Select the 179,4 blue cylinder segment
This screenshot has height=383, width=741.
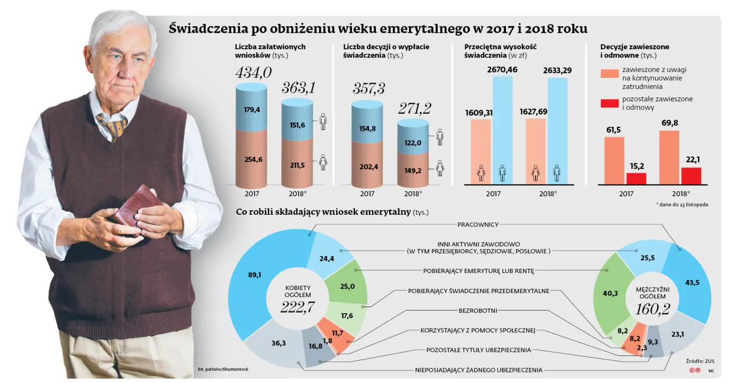pos(251,110)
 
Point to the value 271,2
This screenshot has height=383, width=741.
pos(414,108)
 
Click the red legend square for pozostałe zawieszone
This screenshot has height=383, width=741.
pos(609,103)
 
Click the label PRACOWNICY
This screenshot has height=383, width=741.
pos(478,225)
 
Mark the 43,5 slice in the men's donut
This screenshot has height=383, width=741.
pos(691,283)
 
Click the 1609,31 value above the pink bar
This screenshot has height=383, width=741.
pos(482,113)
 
